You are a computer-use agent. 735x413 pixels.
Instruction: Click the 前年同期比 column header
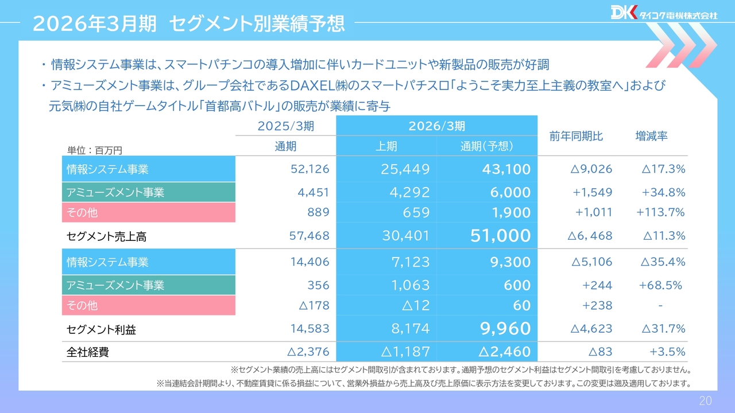(576, 137)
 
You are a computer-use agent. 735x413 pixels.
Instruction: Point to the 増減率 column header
(651, 137)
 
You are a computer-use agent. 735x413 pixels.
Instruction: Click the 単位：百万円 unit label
(95, 150)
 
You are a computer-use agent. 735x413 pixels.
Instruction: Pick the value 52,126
(310, 169)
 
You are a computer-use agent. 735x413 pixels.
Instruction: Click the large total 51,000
(500, 236)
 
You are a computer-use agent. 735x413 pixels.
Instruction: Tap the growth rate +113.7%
(660, 213)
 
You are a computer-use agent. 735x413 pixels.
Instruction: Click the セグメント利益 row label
(101, 330)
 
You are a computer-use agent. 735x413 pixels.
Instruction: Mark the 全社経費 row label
(87, 352)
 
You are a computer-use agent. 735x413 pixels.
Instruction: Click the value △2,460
(501, 352)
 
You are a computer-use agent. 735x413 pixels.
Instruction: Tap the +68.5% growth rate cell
(660, 285)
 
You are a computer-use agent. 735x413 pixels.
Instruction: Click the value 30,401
(405, 236)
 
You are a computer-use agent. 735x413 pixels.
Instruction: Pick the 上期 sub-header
(386, 146)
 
